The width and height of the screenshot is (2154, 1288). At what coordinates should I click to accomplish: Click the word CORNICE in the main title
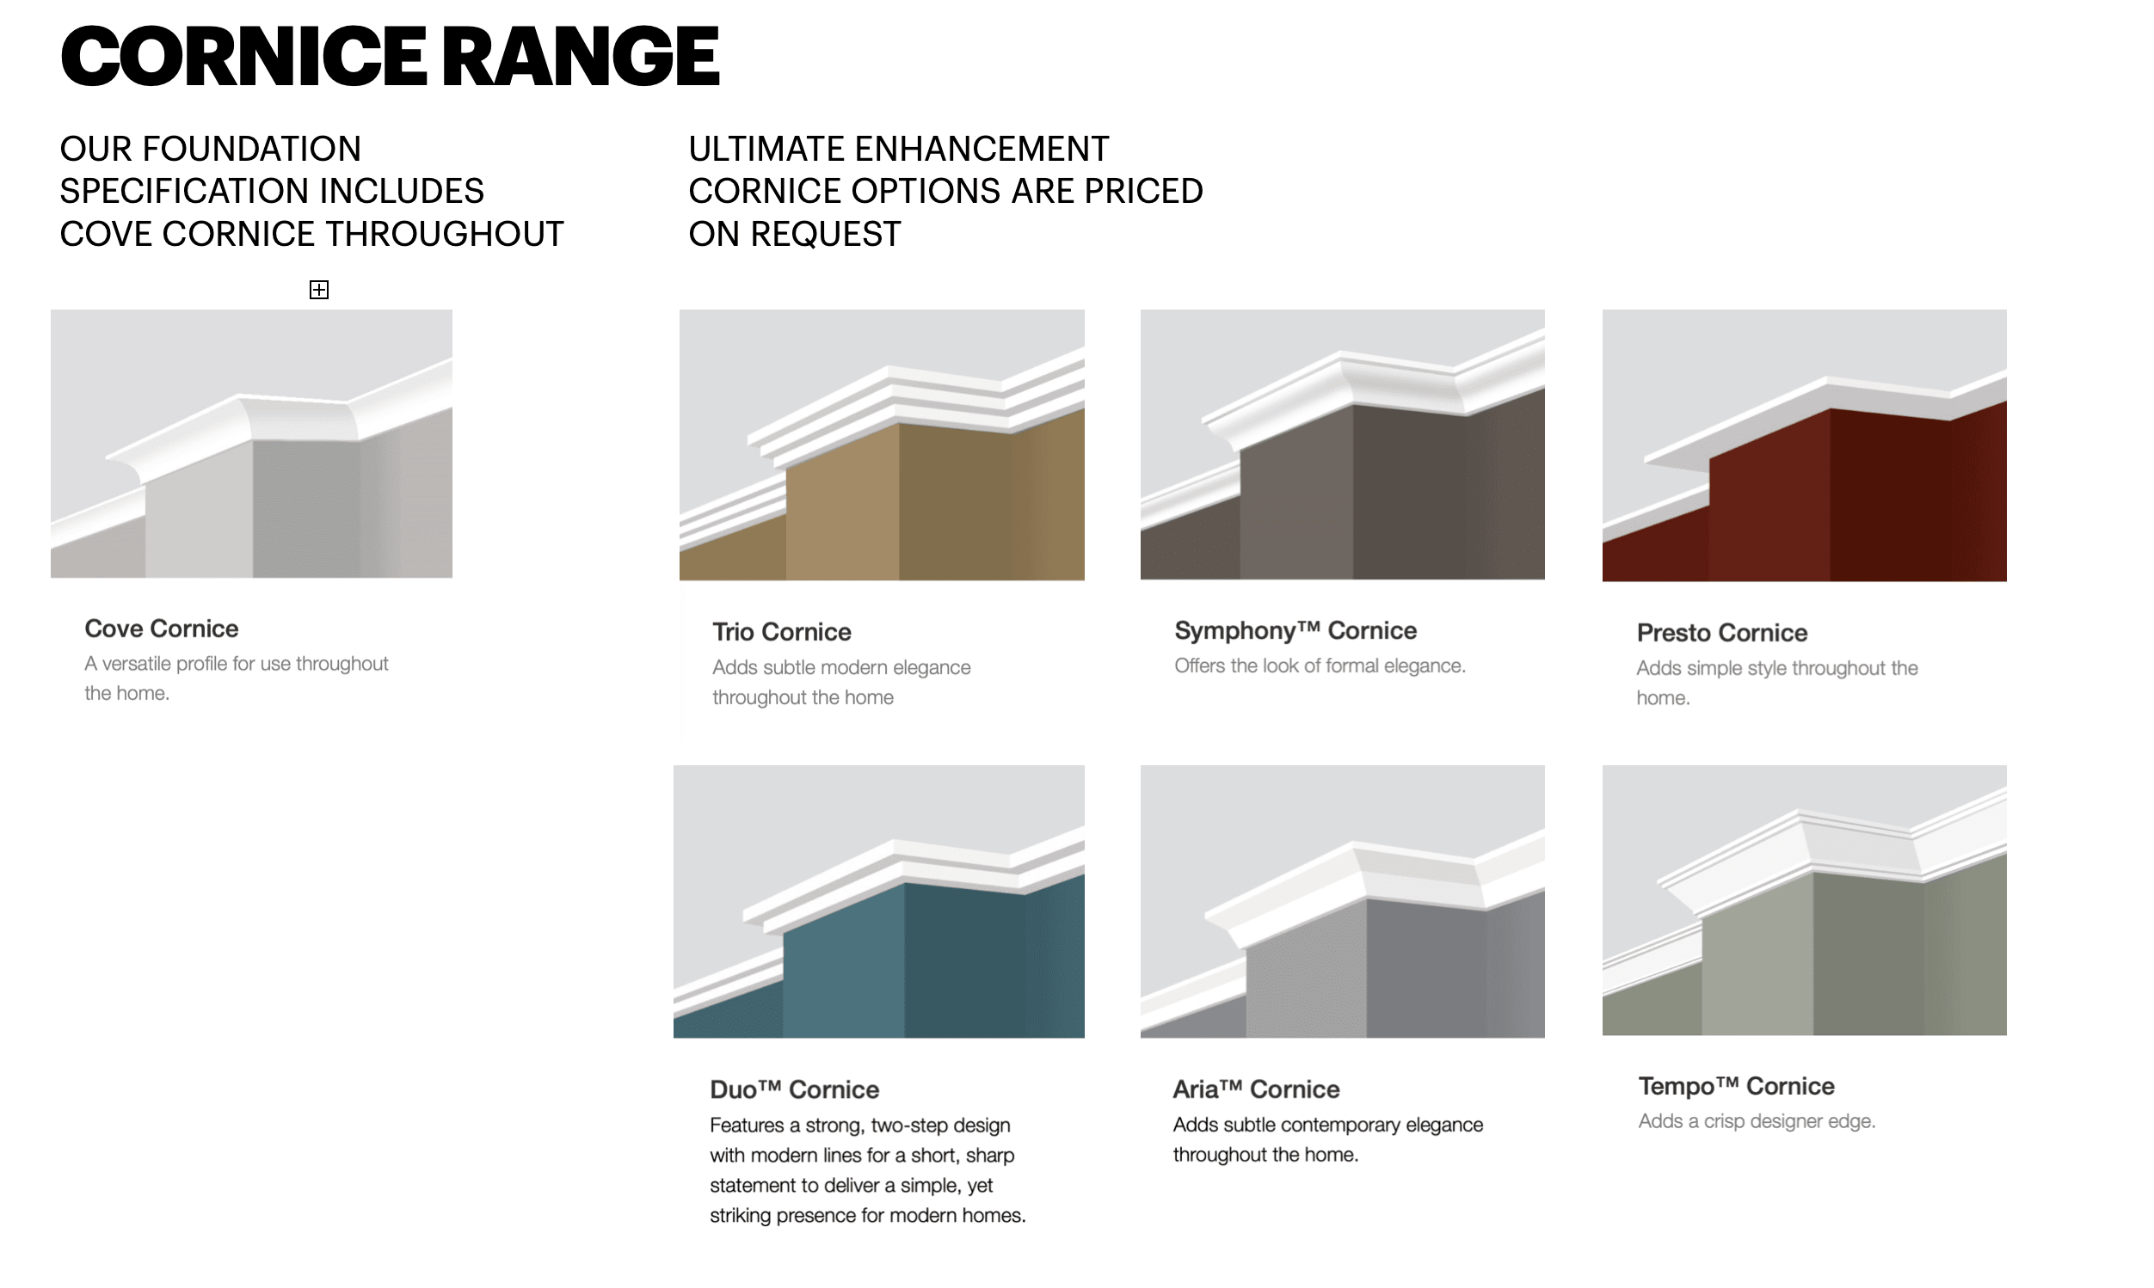[243, 57]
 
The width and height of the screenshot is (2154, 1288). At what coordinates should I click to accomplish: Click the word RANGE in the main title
[581, 57]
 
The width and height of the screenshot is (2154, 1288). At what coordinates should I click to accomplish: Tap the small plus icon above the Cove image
[318, 290]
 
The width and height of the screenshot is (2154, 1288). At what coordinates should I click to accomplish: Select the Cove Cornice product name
[162, 629]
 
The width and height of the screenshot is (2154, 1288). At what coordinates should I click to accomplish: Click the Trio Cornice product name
[781, 632]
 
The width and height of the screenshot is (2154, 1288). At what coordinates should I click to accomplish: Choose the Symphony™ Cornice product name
[1295, 630]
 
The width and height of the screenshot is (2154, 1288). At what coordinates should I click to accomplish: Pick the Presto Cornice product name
[1721, 633]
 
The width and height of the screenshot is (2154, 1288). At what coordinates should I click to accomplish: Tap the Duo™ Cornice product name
[794, 1089]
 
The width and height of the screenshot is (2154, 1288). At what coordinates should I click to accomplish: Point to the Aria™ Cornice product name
[1256, 1089]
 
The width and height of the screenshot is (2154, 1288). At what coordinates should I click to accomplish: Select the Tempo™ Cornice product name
[1737, 1086]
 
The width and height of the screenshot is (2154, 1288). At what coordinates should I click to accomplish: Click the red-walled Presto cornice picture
[1804, 445]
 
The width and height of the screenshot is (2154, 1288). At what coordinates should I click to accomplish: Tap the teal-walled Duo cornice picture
[878, 902]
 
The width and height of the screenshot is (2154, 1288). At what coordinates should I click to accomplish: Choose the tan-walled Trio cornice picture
[882, 445]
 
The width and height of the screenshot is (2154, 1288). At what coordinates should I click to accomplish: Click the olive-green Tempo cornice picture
[1804, 900]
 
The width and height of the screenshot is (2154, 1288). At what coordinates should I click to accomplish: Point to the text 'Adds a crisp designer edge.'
[1757, 1121]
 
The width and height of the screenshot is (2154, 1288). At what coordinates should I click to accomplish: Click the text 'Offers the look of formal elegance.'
[1320, 665]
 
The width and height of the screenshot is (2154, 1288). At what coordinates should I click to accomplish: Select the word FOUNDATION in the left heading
[252, 150]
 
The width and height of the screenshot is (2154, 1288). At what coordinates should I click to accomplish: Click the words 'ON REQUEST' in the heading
[794, 235]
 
